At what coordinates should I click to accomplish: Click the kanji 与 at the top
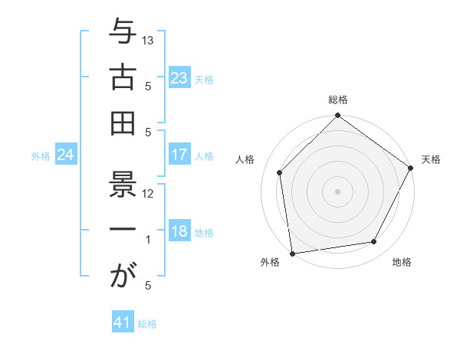click(122, 34)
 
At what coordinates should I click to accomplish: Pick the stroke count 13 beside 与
click(149, 39)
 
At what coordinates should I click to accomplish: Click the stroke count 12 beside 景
click(148, 194)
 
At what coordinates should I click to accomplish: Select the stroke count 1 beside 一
click(148, 240)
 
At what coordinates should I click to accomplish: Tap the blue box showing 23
click(179, 77)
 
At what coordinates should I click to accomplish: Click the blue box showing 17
click(179, 155)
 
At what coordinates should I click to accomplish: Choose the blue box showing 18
click(179, 232)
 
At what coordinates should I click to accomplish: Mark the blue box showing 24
click(65, 155)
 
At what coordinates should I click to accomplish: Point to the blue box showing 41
click(123, 322)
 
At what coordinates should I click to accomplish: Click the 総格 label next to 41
click(147, 324)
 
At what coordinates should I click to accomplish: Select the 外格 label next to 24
click(41, 156)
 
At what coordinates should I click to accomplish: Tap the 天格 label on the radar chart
click(431, 159)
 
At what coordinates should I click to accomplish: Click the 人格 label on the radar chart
click(245, 159)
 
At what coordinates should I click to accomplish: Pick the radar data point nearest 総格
click(337, 116)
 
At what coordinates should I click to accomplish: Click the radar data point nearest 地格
click(374, 242)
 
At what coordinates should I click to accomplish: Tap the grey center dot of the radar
click(337, 191)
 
